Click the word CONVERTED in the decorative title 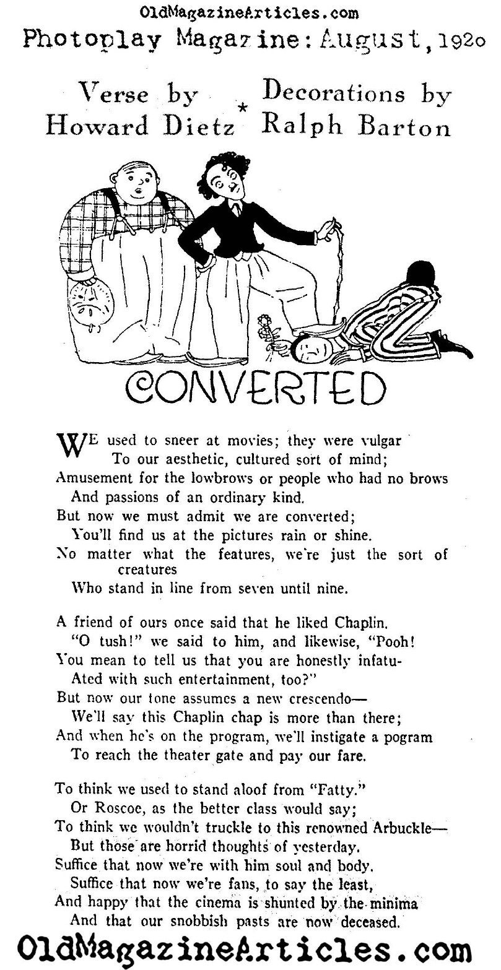[x=256, y=389]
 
